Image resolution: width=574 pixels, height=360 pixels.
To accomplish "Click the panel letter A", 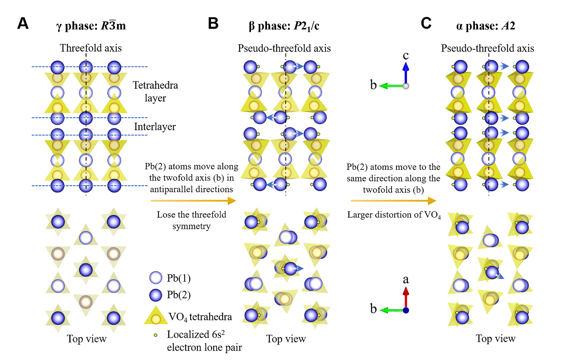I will [x=23, y=24].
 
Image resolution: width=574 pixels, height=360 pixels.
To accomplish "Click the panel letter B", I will [x=213, y=24].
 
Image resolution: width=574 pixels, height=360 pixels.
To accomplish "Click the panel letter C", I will [x=427, y=24].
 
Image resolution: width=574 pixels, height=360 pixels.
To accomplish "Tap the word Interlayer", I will [x=155, y=127].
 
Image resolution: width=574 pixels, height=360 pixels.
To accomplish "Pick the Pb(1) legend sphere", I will [x=155, y=277].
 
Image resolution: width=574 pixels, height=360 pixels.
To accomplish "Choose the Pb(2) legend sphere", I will [x=155, y=295].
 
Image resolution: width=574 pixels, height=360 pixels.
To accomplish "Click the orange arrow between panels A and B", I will [x=193, y=201].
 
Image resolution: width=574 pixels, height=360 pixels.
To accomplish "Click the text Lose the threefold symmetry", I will [x=192, y=220].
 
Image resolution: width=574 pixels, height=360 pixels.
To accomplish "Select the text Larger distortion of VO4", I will [x=394, y=215].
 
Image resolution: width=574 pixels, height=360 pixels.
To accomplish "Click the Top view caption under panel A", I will [x=86, y=338].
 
